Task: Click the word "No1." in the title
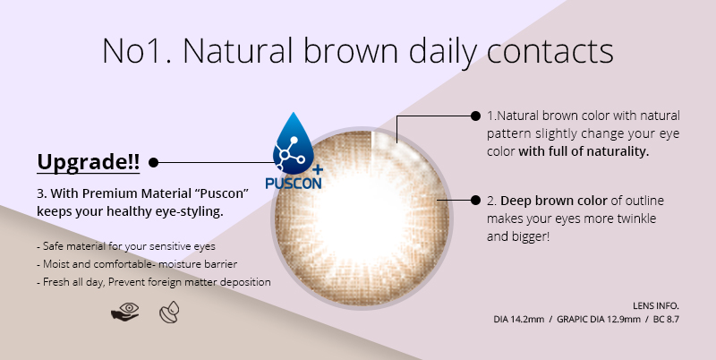[x=137, y=51]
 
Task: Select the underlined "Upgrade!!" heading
[x=88, y=162]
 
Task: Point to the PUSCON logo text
[x=294, y=183]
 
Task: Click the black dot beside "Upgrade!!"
[x=153, y=162]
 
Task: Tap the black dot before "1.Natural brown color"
[x=475, y=116]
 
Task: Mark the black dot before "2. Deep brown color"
[x=475, y=200]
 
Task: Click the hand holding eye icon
[x=125, y=312]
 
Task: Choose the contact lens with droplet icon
[x=169, y=313]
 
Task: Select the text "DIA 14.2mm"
[x=519, y=320]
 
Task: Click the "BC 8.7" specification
[x=666, y=320]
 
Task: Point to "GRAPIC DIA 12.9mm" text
[x=599, y=320]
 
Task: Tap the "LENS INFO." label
[x=656, y=305]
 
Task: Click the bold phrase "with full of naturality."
[x=584, y=151]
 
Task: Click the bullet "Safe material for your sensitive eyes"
[x=126, y=246]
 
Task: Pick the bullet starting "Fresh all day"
[x=154, y=282]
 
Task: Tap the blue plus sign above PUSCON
[x=318, y=169]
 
